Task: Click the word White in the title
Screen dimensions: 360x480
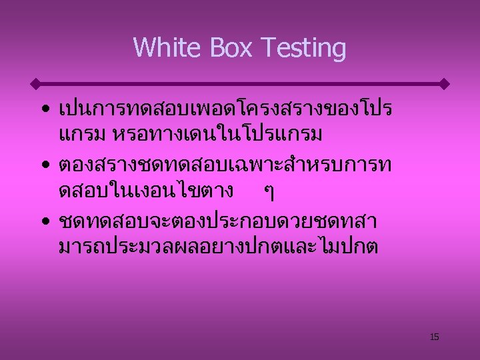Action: click(163, 48)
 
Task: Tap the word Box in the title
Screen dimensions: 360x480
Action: click(227, 48)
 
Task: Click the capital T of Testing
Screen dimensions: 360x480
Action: click(267, 48)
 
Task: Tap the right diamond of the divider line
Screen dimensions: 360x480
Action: click(445, 85)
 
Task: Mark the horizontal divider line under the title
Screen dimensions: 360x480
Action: click(240, 85)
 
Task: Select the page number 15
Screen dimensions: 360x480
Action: click(434, 337)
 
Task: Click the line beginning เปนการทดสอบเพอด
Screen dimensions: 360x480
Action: click(225, 108)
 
